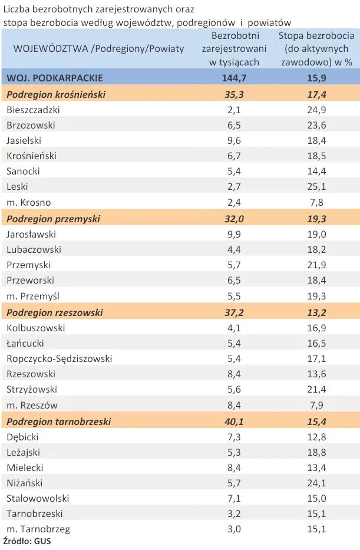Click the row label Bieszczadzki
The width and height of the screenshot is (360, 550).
pos(33,110)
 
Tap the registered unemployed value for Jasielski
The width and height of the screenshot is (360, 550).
pos(234,140)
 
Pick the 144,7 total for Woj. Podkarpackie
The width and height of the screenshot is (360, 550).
pos(234,78)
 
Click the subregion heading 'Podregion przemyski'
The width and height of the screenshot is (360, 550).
pos(53,219)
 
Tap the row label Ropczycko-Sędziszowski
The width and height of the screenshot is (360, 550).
pos(59,358)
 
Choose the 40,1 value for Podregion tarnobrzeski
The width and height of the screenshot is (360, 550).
pos(234,421)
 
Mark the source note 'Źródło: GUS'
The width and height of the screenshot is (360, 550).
pos(27,541)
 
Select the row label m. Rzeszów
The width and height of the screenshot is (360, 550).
pos(33,405)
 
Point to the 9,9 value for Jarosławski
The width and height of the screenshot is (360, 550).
pos(234,234)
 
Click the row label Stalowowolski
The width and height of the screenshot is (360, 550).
pos(38,498)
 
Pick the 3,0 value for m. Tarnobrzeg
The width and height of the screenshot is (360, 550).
pos(234,529)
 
